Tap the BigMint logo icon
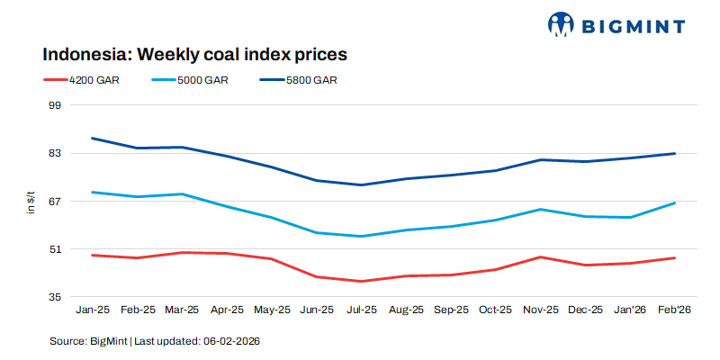pos(561,24)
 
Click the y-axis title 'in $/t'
pos(30,202)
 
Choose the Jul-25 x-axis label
pos(361,310)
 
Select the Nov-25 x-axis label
pos(540,310)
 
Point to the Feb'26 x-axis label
pos(675,310)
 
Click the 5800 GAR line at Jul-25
pos(361,184)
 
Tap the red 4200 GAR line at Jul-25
pos(361,281)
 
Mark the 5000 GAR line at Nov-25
pos(540,209)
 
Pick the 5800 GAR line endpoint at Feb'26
pos(675,153)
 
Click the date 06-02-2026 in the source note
pos(231,342)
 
